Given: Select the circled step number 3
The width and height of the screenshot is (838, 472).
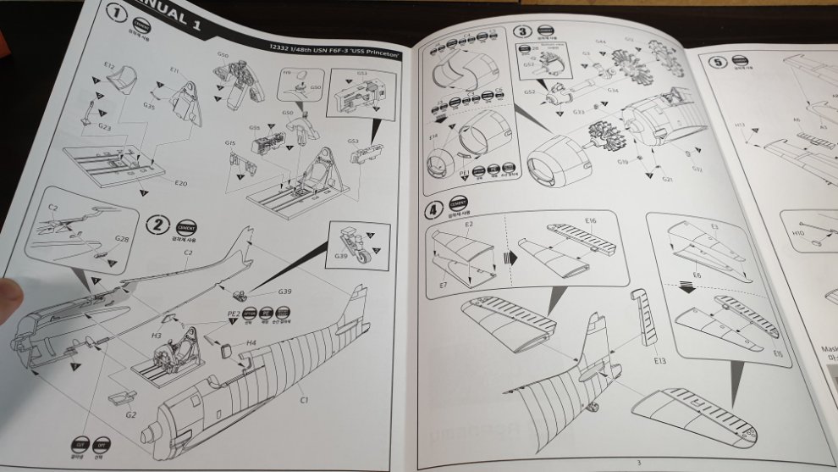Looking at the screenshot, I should (522, 31).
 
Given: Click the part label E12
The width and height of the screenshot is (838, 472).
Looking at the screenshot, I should (109, 65).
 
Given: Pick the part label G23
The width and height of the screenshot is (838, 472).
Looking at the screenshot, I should (105, 127).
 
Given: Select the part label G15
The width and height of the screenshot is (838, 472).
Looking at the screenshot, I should (230, 144).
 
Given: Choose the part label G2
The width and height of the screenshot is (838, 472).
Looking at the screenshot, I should (131, 414).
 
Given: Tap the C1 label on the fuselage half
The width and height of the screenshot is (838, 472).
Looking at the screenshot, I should (301, 398).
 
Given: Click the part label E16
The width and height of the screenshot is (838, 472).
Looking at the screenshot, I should (591, 220).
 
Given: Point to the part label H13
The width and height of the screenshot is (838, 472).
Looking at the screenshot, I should (741, 125).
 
